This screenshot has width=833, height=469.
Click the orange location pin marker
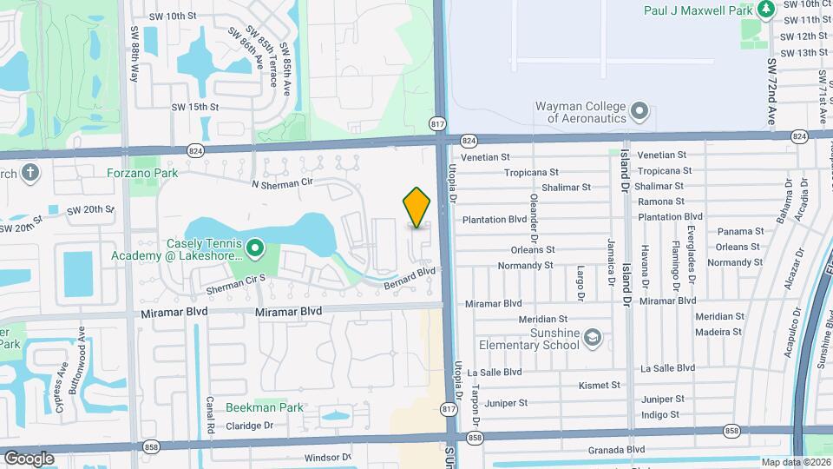pyautogui.click(x=417, y=208)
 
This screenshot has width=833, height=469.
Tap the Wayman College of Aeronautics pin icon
pyautogui.click(x=640, y=111)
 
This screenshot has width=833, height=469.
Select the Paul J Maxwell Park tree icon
pyautogui.click(x=765, y=10)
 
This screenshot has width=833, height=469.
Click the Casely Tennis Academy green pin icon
pyautogui.click(x=254, y=249)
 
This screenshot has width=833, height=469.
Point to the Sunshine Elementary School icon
pyautogui.click(x=592, y=338)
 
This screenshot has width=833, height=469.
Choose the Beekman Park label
pyautogui.click(x=265, y=407)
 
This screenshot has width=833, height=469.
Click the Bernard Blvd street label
pyautogui.click(x=409, y=278)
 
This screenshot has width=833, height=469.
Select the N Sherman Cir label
pyautogui.click(x=281, y=184)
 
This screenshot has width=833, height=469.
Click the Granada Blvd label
pyautogui.click(x=617, y=449)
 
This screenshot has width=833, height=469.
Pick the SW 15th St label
pyautogui.click(x=195, y=107)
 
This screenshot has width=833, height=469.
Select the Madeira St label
pyautogui.click(x=718, y=332)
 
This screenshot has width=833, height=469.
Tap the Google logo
pyautogui.click(x=30, y=458)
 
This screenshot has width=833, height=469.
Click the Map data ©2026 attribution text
pyautogui.click(x=795, y=462)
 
